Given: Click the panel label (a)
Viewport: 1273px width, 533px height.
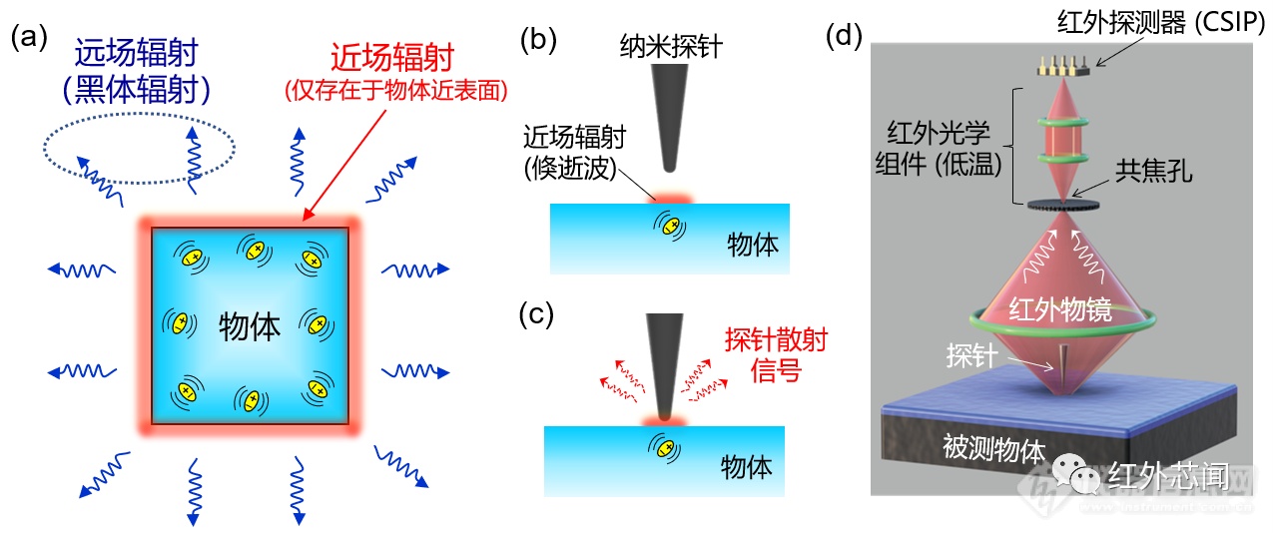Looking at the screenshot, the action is [x=29, y=38].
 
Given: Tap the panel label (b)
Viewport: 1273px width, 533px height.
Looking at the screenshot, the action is [x=538, y=40].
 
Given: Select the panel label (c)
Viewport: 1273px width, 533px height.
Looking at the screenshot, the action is [x=536, y=316].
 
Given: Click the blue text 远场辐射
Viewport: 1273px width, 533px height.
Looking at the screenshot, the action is [x=137, y=53].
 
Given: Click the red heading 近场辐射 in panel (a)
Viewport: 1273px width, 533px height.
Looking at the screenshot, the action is [x=392, y=57].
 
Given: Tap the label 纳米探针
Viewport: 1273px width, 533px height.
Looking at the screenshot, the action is [x=671, y=46].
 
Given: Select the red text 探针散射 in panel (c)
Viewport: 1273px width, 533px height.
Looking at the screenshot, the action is [x=777, y=340].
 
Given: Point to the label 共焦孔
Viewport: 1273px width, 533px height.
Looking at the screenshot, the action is [x=1153, y=171].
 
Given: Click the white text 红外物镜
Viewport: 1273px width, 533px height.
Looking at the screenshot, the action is [x=1060, y=310].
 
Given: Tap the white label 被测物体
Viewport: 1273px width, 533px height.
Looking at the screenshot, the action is [x=994, y=448].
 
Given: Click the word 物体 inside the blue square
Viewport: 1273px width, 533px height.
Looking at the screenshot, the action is [x=250, y=327].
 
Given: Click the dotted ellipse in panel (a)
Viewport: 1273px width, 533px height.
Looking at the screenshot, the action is [x=139, y=114].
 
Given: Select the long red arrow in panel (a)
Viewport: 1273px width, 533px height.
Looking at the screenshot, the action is [x=345, y=166].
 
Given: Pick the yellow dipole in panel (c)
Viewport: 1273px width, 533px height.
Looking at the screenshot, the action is [x=664, y=449].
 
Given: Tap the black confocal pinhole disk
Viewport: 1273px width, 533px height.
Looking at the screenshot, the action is [x=1063, y=205].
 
